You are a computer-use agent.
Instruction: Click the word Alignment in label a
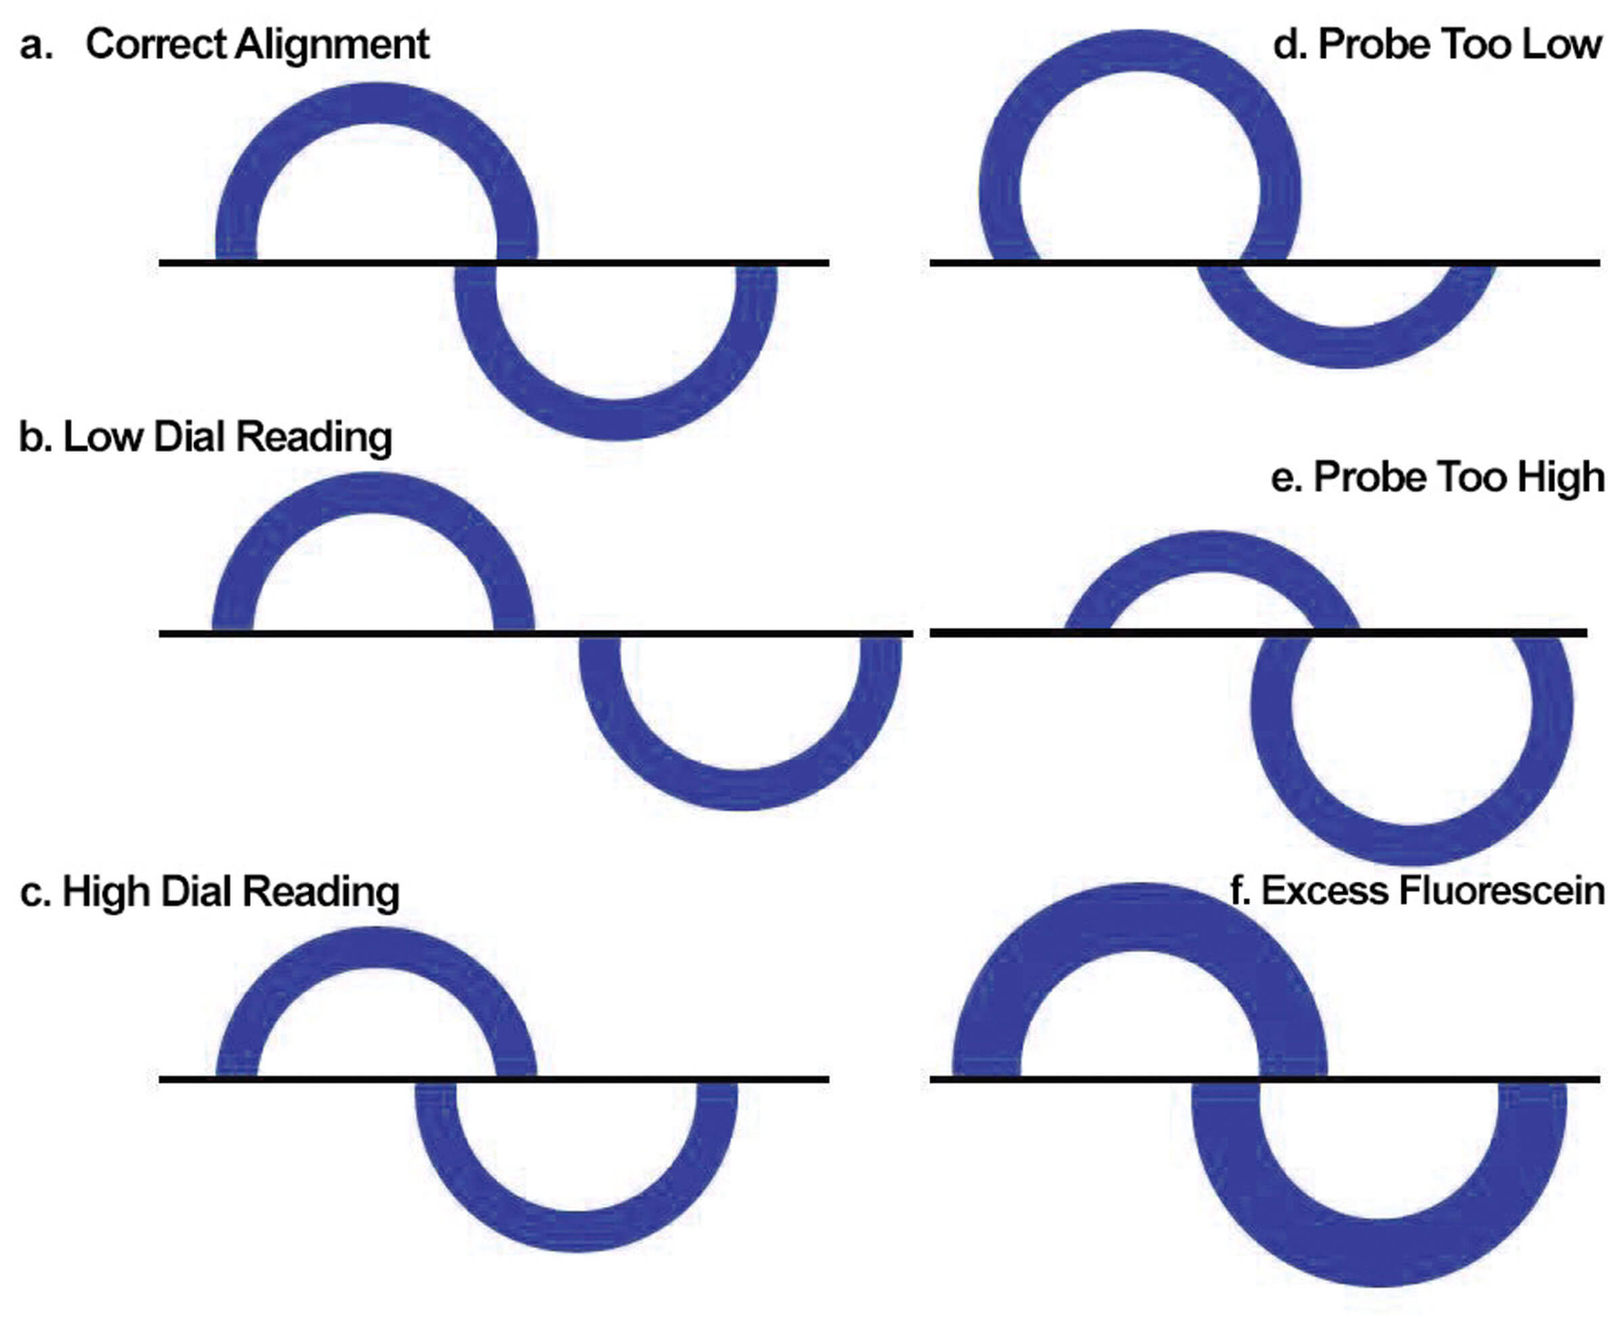(332, 44)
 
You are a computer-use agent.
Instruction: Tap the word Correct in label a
(156, 44)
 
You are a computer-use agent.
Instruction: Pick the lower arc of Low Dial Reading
(740, 790)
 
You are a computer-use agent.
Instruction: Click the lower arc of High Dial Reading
(577, 1230)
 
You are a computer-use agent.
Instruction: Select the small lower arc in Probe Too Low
(1349, 349)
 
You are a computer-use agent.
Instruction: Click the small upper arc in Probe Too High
(1212, 552)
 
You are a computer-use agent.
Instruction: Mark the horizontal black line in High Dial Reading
(759, 1078)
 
